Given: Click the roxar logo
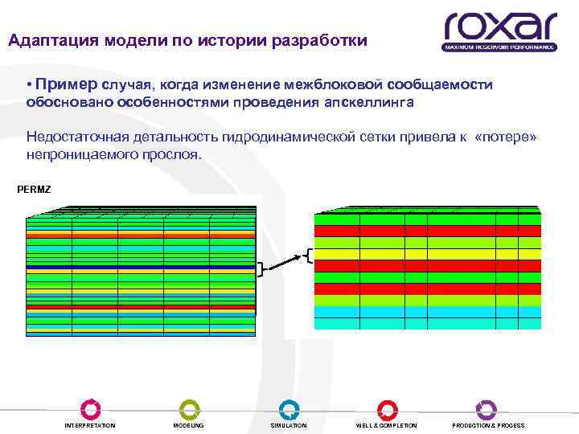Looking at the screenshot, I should [499, 27].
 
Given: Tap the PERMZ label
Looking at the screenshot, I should [33, 190].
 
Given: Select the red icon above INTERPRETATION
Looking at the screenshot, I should [90, 408].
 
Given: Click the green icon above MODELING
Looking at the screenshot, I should [188, 408].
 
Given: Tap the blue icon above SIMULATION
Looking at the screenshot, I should [289, 408].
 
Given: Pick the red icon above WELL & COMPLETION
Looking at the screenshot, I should [387, 408].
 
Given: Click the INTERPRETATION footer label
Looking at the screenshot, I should [90, 425].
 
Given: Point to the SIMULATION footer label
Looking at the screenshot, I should [289, 425].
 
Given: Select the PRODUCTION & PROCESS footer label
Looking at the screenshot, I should [488, 425].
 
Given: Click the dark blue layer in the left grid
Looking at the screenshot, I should [141, 266].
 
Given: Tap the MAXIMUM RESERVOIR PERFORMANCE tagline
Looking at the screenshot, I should [499, 47].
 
